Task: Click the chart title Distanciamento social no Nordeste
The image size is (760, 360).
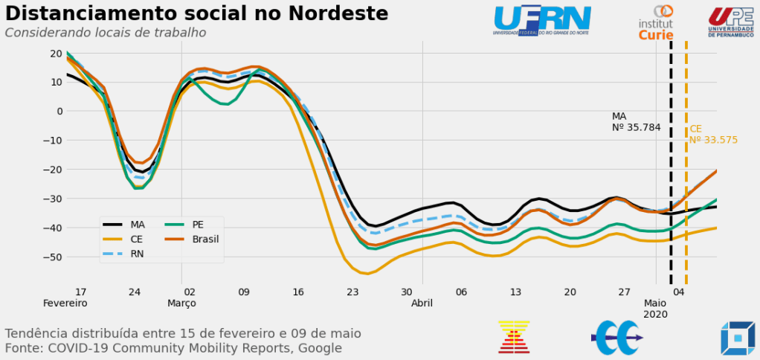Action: click(x=197, y=13)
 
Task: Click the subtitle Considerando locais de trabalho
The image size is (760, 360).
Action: click(x=106, y=33)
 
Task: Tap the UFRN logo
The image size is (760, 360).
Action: click(x=542, y=20)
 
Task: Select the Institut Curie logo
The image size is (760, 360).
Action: click(x=656, y=23)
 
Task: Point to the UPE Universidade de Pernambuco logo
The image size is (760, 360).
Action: click(x=730, y=22)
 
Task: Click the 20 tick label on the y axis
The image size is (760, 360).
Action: click(x=56, y=53)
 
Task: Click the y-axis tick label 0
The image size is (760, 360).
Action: click(x=59, y=111)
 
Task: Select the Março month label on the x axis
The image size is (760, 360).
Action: click(x=181, y=303)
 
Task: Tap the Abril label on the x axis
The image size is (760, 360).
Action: click(x=422, y=303)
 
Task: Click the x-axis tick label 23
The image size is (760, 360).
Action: click(x=352, y=292)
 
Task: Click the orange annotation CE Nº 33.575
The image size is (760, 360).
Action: click(x=712, y=135)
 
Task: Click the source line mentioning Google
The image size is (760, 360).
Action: click(x=173, y=347)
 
